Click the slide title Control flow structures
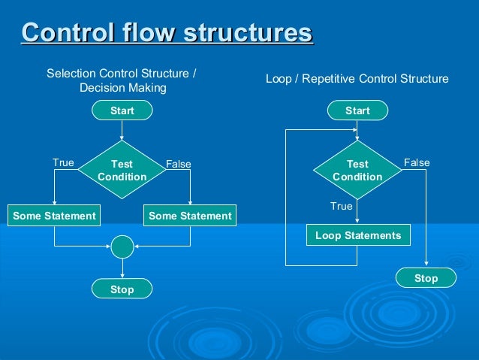tap(167, 34)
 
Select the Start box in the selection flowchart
tap(122, 110)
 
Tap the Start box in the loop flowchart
tap(357, 110)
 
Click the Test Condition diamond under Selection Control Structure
tap(122, 170)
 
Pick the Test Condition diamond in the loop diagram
tap(357, 170)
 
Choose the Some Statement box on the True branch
tap(54, 216)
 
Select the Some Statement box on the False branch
tap(190, 216)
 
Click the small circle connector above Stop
tap(122, 246)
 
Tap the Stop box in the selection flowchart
tap(122, 289)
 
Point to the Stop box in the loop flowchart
tap(426, 278)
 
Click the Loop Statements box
tap(358, 235)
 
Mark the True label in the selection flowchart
tap(63, 162)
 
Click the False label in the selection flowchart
tap(179, 164)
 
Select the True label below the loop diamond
tap(342, 205)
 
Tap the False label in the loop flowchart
tap(417, 162)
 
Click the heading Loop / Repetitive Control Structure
tap(357, 78)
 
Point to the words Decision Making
tap(122, 88)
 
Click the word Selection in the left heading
tap(68, 74)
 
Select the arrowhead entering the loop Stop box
tap(426, 264)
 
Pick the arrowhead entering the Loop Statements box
tap(358, 221)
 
